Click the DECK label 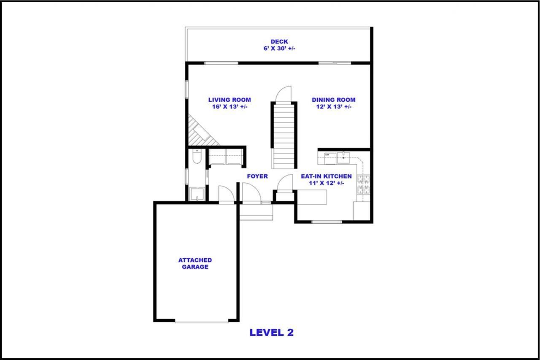click(279, 42)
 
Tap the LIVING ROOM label click(229, 100)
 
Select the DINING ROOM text click(334, 100)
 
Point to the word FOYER click(257, 176)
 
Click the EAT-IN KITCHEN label click(326, 176)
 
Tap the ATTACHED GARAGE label click(195, 263)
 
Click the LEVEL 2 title click(271, 333)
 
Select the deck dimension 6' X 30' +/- click(279, 49)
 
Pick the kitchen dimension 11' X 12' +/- click(327, 183)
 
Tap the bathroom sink click(197, 194)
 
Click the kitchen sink click(343, 158)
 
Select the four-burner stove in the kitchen click(363, 184)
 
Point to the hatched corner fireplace click(201, 131)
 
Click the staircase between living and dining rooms click(284, 135)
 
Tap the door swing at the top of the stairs click(283, 94)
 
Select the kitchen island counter click(312, 197)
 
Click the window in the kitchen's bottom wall click(327, 222)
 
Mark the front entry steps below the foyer click(256, 212)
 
